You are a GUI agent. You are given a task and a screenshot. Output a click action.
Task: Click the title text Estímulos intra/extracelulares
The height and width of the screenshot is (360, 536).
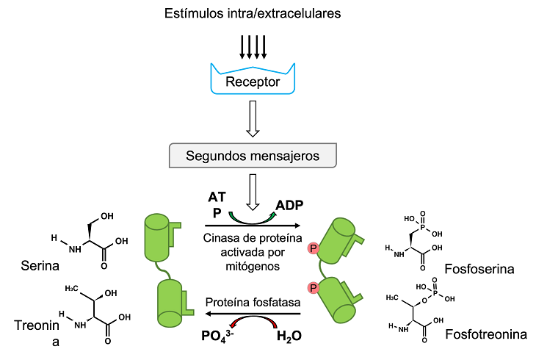point(253,13)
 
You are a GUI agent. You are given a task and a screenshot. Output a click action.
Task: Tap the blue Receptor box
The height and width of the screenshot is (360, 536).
point(253,81)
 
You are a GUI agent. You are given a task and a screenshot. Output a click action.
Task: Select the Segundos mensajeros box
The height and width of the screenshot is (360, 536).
point(253,156)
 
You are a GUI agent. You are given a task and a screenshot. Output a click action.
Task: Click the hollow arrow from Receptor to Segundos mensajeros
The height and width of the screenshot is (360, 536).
point(253,118)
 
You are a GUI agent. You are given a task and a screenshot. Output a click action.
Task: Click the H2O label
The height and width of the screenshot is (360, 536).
point(289,337)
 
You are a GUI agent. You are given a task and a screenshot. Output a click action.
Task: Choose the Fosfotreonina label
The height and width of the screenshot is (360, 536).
point(486,334)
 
